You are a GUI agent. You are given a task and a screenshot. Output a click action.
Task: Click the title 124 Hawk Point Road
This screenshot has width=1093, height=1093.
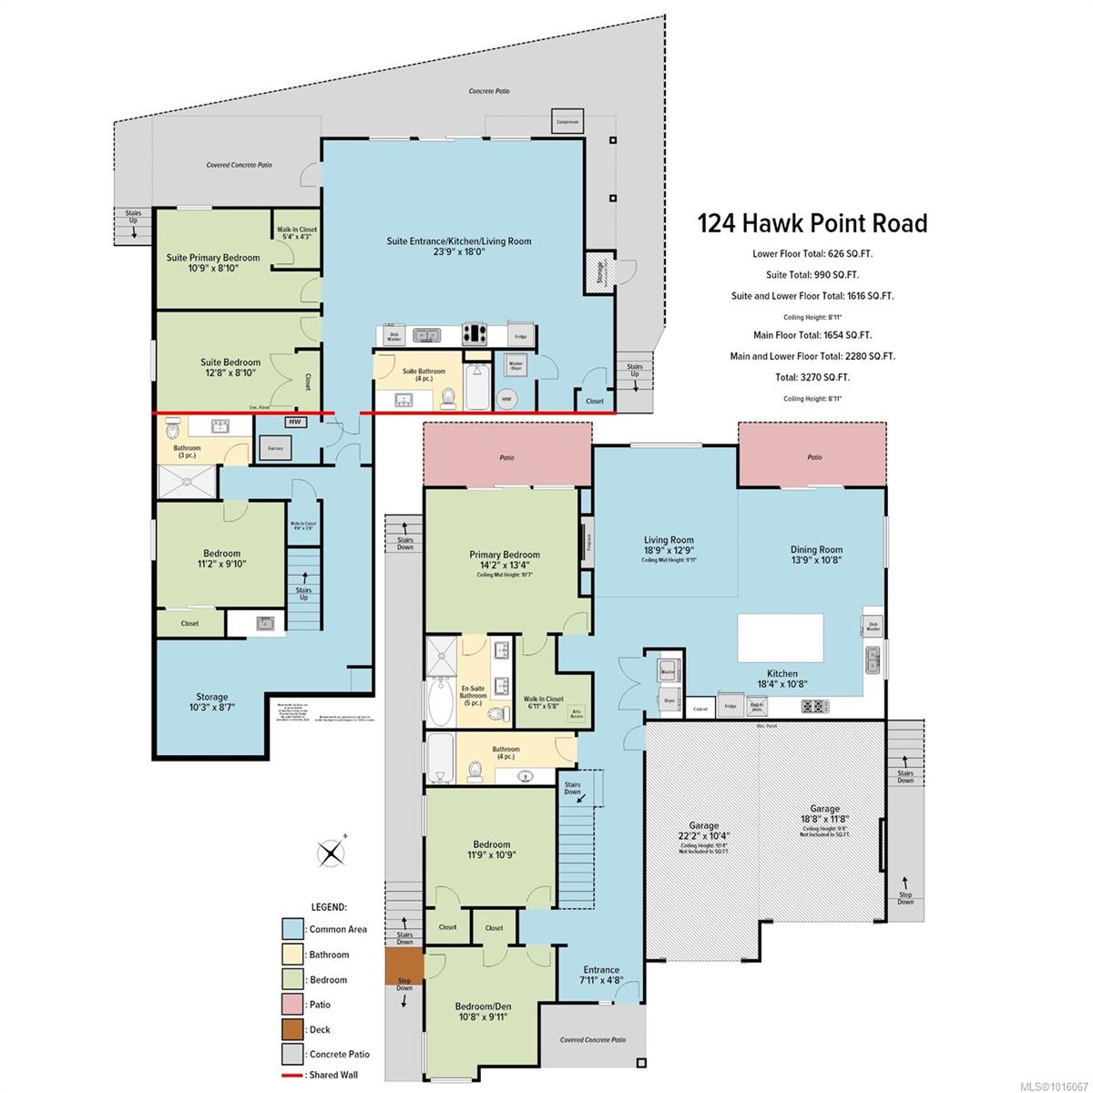coord(812,223)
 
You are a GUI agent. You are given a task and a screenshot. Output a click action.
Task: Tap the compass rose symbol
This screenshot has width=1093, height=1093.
coord(330,853)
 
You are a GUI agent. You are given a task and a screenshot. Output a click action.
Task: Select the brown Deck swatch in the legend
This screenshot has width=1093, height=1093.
coord(292,1029)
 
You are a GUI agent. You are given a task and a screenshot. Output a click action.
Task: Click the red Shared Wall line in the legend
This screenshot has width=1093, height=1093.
coord(292,1075)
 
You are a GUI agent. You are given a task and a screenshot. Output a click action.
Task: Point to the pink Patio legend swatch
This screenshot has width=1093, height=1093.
coord(292,1005)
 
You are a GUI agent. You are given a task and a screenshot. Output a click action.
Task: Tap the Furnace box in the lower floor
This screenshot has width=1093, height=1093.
coord(275,449)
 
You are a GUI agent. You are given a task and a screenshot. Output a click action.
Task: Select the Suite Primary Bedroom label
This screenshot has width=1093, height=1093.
coord(213,258)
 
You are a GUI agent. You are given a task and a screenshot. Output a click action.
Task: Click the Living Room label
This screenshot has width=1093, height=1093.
coord(669,540)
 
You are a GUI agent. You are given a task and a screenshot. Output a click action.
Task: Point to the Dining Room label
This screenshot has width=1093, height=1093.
coord(816,549)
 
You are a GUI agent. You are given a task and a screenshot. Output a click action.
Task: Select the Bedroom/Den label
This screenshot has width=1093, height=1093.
coord(483,1006)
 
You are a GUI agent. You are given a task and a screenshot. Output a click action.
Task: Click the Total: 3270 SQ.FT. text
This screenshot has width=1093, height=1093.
coord(812,377)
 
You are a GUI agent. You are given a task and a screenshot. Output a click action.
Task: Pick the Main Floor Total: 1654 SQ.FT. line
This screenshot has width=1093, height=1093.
coord(812,335)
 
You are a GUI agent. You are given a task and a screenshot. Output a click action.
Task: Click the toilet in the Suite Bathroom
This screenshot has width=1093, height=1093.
coord(448,397)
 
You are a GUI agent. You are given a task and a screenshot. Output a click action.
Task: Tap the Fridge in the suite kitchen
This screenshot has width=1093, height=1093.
coord(520,335)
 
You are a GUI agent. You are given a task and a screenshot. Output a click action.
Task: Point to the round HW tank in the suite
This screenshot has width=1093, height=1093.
coord(507,398)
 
